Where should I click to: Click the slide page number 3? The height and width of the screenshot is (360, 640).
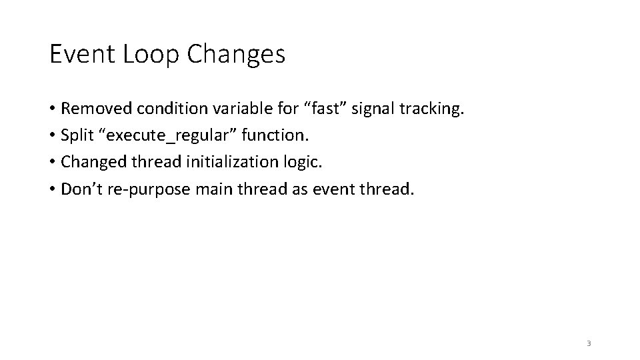click(589, 343)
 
